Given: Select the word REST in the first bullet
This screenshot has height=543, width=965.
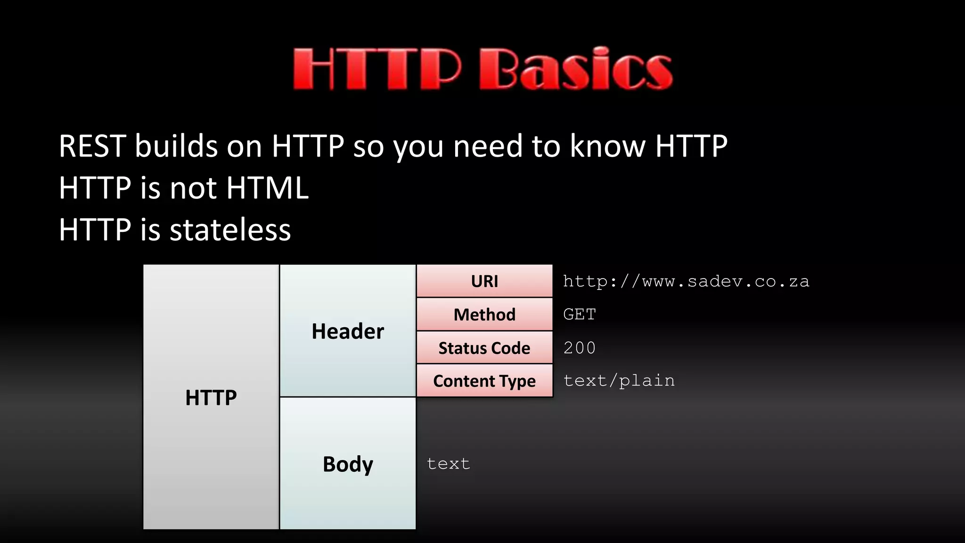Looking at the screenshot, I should [x=92, y=146].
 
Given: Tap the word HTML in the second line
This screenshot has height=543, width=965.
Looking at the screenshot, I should [x=267, y=188].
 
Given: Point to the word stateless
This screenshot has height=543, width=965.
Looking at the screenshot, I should [x=230, y=230].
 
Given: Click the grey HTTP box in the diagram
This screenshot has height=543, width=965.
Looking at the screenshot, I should [x=211, y=397].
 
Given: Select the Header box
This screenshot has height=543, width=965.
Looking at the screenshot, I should [x=348, y=330].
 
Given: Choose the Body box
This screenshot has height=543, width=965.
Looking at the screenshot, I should [x=348, y=464].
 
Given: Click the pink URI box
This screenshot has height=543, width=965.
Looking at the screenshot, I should [x=484, y=281].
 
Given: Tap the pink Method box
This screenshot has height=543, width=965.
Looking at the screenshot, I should [x=484, y=314].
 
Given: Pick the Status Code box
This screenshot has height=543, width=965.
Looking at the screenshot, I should [x=484, y=348].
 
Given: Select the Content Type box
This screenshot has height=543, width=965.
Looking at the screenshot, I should [x=484, y=381].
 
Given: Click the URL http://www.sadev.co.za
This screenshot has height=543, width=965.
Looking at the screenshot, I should [x=686, y=281].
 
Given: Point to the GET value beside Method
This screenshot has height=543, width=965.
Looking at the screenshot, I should [x=580, y=314].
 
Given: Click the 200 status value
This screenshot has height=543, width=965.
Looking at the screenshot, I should [x=580, y=348].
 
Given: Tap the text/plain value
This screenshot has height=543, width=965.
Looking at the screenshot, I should [x=619, y=380].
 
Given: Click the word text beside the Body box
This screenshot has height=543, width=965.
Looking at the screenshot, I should [x=448, y=464].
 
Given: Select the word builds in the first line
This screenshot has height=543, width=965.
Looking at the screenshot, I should [x=176, y=146].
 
